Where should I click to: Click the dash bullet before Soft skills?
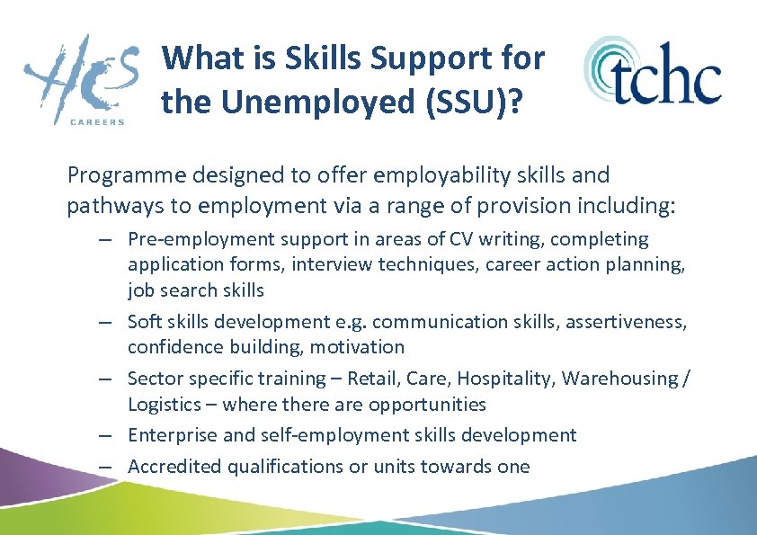[x=106, y=322]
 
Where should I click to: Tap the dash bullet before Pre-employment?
[x=106, y=239]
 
